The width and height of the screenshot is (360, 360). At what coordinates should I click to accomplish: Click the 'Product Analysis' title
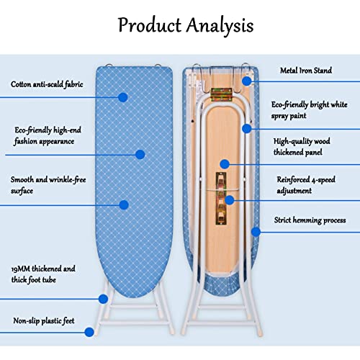(x=186, y=26)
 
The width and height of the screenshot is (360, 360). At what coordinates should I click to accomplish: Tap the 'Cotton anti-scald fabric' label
(x=47, y=84)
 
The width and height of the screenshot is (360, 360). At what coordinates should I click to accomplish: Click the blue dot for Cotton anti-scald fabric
(x=123, y=97)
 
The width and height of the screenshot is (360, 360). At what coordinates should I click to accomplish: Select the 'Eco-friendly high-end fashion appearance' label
(x=48, y=135)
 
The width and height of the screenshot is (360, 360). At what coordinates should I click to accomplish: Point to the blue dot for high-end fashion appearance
(x=140, y=154)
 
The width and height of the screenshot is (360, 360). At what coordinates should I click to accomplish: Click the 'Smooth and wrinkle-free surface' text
(x=48, y=185)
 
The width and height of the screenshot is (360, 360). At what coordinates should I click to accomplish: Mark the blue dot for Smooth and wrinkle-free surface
(x=124, y=204)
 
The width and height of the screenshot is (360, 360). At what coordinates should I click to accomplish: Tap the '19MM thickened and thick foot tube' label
(x=43, y=274)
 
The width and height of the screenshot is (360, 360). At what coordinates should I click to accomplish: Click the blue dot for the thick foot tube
(x=103, y=299)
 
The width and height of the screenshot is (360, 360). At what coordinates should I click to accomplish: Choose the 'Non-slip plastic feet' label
(x=44, y=320)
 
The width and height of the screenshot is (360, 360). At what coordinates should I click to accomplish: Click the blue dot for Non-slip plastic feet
(x=89, y=332)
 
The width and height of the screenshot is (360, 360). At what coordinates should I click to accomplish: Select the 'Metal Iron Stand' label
(x=306, y=71)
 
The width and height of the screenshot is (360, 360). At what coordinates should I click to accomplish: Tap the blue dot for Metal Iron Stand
(x=247, y=81)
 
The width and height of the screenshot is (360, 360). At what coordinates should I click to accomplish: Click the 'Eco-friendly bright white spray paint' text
(x=310, y=110)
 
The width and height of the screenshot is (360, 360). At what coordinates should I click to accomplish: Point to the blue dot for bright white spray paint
(x=247, y=129)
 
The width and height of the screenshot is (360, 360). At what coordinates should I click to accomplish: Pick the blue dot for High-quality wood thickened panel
(x=225, y=164)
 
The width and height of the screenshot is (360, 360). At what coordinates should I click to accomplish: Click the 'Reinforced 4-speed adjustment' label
(x=306, y=185)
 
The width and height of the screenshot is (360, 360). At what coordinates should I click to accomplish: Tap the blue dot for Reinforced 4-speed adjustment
(x=230, y=200)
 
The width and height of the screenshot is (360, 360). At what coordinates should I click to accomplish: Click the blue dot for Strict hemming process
(x=256, y=232)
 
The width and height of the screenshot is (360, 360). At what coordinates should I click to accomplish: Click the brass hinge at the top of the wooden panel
(x=221, y=94)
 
